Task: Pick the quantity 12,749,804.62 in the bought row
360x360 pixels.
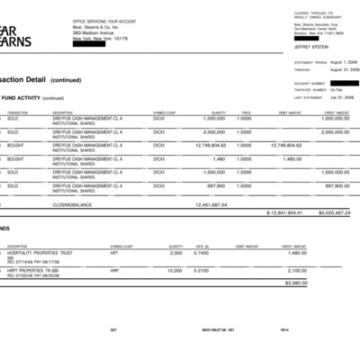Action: pyautogui.click(x=217, y=145)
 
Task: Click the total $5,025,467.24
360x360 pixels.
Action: pyautogui.click(x=334, y=213)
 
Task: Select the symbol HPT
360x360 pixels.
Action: pyautogui.click(x=114, y=253)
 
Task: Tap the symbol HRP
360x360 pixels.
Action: pyautogui.click(x=114, y=270)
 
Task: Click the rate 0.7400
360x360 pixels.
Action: pyautogui.click(x=202, y=253)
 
